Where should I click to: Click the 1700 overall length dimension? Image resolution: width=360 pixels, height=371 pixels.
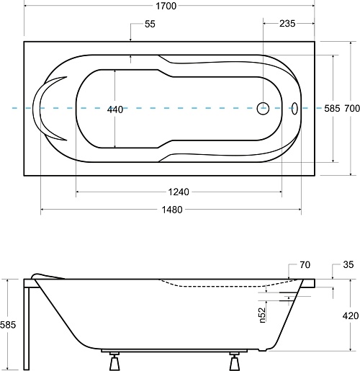[166, 6]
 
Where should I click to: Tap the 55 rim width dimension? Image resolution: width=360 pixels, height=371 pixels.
[150, 24]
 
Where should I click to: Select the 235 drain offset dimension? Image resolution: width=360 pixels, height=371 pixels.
[287, 24]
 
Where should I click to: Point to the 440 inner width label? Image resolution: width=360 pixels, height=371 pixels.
[115, 109]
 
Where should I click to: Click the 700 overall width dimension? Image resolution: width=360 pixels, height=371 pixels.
[352, 109]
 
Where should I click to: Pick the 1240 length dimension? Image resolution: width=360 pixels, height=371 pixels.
[179, 192]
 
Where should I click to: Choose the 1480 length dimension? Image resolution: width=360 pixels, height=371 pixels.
[172, 210]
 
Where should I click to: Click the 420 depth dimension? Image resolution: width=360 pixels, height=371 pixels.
[351, 316]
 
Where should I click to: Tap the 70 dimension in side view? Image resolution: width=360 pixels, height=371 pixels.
[305, 264]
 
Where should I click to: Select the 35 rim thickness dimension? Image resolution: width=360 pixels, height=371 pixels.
[348, 264]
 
